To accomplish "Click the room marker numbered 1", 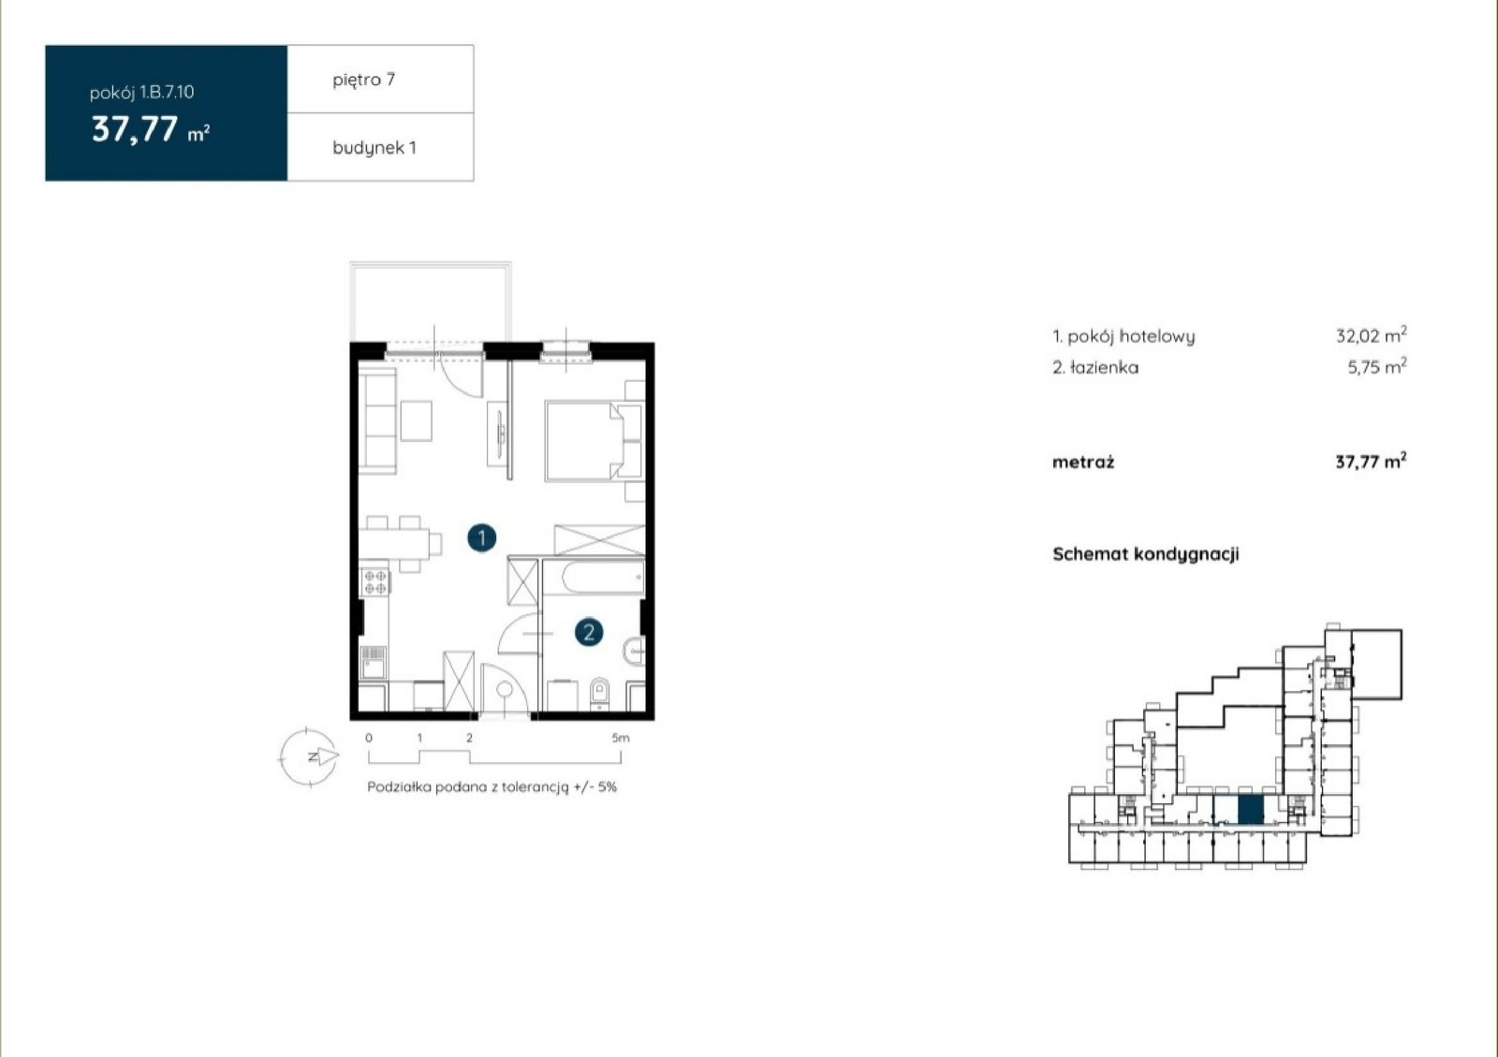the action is [481, 538].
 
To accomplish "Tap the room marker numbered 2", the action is [589, 633].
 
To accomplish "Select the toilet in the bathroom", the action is [600, 691].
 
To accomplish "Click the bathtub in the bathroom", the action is [595, 579].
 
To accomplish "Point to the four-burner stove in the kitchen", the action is [374, 581].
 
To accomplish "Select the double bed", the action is [585, 441].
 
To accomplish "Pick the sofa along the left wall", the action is [378, 423].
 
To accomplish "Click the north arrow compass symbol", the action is [309, 756].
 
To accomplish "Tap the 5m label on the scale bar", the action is [621, 738].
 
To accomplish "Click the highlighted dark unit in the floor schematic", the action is [1251, 810].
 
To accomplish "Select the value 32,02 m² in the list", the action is [1371, 335].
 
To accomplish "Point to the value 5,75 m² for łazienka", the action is [1377, 366].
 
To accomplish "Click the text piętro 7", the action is [364, 81].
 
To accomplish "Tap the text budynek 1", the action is [374, 148].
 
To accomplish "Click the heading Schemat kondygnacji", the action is [1146, 554].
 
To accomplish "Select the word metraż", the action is [1083, 462].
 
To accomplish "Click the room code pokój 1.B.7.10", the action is [141, 93].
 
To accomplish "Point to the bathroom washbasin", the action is [635, 651].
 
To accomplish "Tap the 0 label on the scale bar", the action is [369, 738].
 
